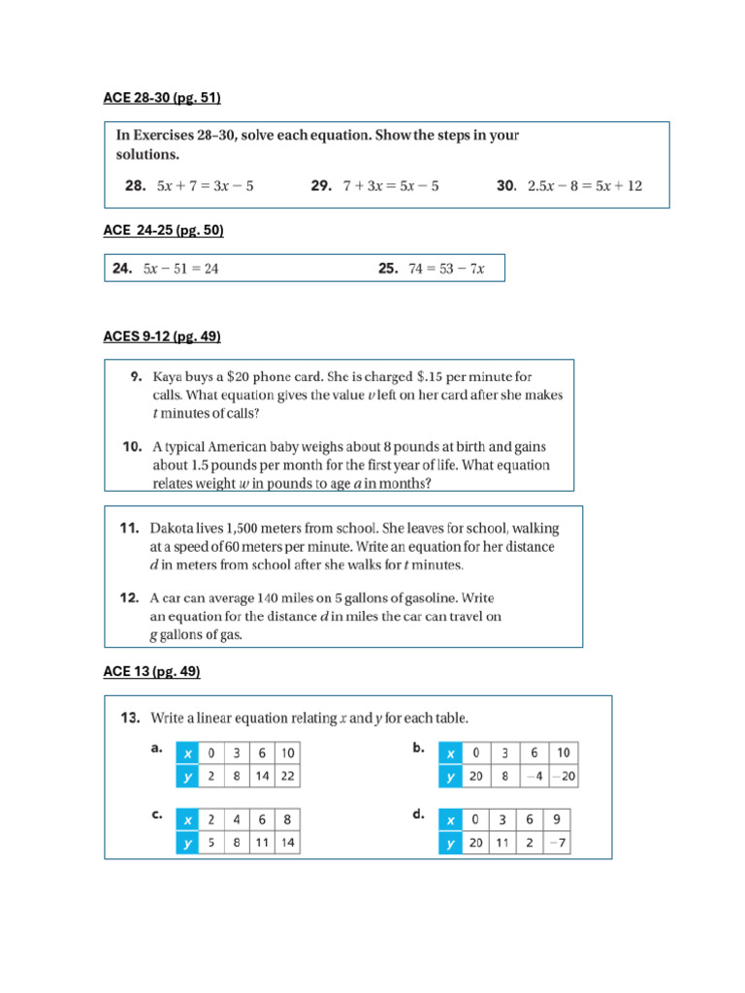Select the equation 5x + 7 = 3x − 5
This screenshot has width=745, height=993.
(x=206, y=185)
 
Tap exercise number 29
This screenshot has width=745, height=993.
(x=322, y=185)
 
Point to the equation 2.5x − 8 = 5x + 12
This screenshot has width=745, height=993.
(x=584, y=185)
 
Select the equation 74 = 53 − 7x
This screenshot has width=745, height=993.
(x=445, y=269)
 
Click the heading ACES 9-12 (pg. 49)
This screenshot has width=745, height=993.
(x=162, y=336)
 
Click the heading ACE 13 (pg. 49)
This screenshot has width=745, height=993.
(x=151, y=671)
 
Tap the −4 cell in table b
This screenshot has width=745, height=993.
(x=533, y=776)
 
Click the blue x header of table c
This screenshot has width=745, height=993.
(x=186, y=819)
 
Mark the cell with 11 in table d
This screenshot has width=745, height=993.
(x=502, y=844)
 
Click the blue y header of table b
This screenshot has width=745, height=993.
(x=450, y=776)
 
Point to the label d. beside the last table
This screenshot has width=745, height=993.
(x=418, y=815)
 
